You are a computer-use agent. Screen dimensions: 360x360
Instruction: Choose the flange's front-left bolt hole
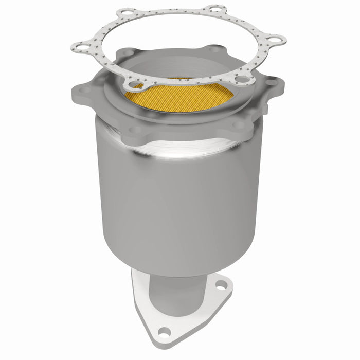tap(135, 129)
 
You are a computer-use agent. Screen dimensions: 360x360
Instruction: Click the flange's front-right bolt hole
tap(240, 124)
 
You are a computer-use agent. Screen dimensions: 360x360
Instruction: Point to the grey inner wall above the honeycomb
tap(170, 69)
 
